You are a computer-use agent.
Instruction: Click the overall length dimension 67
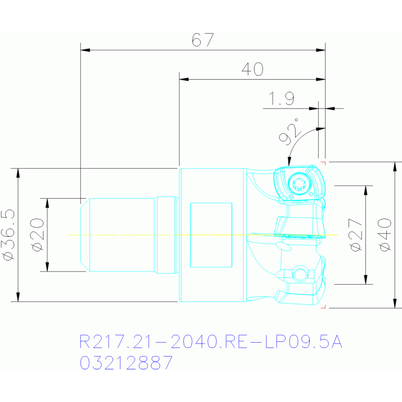tap(202, 40)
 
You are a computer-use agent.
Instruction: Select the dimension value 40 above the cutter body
tap(253, 69)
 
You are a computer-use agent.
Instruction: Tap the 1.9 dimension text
tap(281, 99)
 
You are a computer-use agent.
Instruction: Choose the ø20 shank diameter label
tap(37, 235)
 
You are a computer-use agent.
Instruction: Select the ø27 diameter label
tap(356, 235)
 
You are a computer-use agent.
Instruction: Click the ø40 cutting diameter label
tap(385, 235)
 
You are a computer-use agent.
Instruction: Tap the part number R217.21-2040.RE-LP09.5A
tap(211, 342)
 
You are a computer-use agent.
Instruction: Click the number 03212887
tap(126, 363)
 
